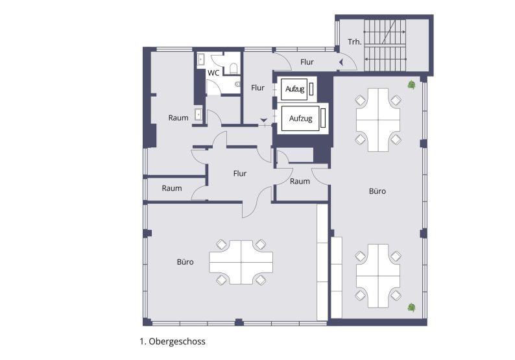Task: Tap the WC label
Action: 213,73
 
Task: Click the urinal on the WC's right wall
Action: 238,84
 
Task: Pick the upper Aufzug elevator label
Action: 295,89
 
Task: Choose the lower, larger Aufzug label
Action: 301,119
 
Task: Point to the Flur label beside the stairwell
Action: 307,62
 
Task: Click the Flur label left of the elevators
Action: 257,88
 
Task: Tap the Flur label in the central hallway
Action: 240,173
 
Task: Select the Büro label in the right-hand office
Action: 377,191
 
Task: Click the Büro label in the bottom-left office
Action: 185,263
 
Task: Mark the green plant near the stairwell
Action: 411,84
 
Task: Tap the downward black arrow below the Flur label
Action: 263,119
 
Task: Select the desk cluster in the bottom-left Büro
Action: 241,262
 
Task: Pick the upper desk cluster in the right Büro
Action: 377,119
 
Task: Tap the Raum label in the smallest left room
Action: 172,189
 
